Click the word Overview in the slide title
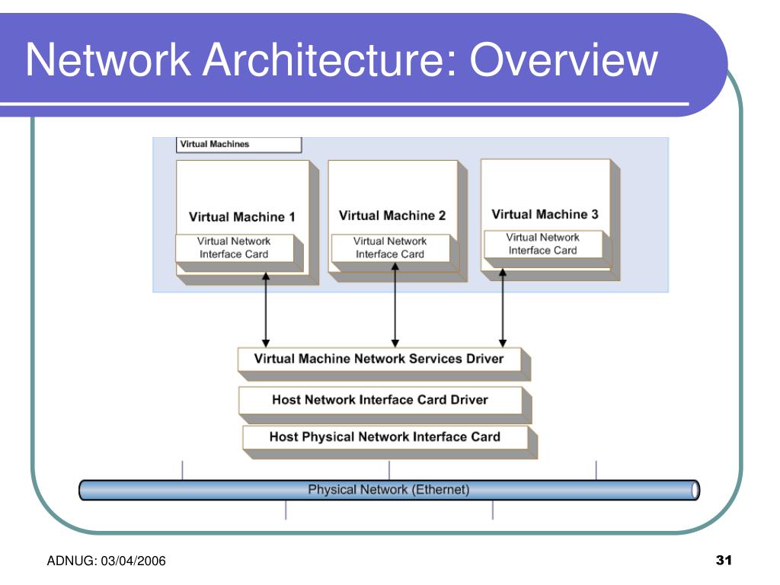563,61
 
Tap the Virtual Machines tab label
214,144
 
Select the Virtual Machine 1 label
241,217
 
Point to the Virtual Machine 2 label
392,216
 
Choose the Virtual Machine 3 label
545,214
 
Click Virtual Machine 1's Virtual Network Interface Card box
235,248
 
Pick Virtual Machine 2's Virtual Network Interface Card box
390,248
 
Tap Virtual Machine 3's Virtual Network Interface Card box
543,244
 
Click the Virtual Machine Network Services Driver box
379,358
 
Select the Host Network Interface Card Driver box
380,399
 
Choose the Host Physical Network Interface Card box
385,437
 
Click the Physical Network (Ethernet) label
388,490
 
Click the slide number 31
724,561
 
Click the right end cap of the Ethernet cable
695,490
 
